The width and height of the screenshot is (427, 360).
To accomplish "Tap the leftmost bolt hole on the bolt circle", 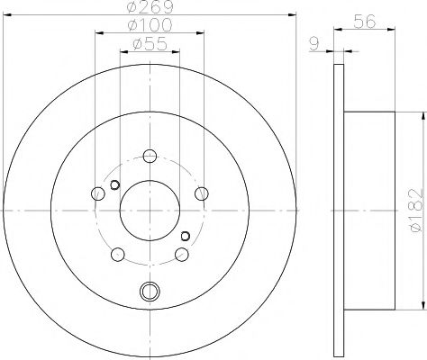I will [x=97, y=192].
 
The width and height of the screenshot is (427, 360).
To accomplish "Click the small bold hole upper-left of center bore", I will [x=114, y=186].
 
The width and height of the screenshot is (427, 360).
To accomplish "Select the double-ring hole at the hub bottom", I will [x=150, y=290].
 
